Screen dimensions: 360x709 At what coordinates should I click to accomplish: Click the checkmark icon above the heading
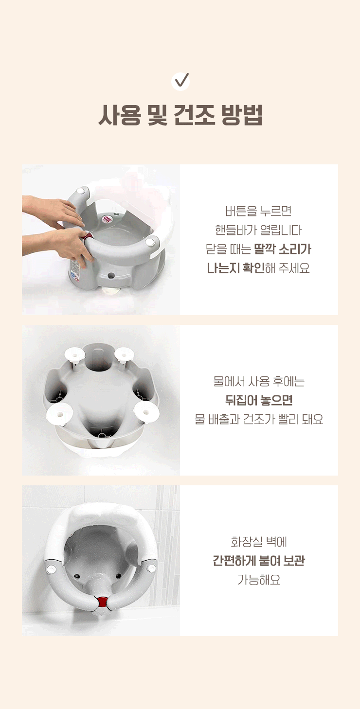pyautogui.click(x=180, y=81)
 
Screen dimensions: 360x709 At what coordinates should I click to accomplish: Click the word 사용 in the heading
pyautogui.click(x=120, y=115)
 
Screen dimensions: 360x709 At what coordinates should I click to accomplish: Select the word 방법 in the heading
pyautogui.click(x=242, y=115)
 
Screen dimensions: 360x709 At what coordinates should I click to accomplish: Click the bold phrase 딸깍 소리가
pyautogui.click(x=283, y=249)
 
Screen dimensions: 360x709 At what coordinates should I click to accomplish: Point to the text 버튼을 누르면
pyautogui.click(x=258, y=211)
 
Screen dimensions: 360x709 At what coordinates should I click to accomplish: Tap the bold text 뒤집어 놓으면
pyautogui.click(x=259, y=400)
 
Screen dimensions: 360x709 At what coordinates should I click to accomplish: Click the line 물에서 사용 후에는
pyautogui.click(x=259, y=381)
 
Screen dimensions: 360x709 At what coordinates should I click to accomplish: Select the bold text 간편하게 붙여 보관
pyautogui.click(x=259, y=561)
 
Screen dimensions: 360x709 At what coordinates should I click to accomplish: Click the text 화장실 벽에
pyautogui.click(x=259, y=542)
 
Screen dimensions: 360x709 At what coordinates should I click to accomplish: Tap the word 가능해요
pyautogui.click(x=259, y=580)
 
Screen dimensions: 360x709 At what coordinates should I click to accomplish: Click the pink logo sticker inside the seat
pyautogui.click(x=108, y=218)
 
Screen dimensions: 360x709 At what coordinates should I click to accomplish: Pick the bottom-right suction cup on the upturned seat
pyautogui.click(x=146, y=411)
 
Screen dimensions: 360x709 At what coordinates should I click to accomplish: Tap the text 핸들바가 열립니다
pyautogui.click(x=258, y=230)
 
